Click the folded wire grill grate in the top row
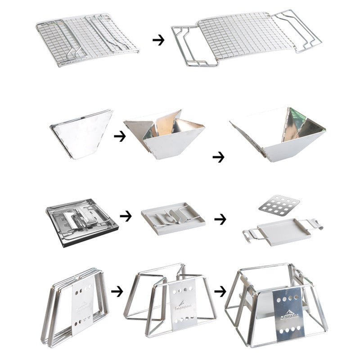coord(87,40)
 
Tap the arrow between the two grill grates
coord(158,40)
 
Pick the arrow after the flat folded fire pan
coord(120,136)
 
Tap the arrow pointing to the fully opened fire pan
coord(218,157)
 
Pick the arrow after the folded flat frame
coord(117,291)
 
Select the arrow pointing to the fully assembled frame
coord(220,292)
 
